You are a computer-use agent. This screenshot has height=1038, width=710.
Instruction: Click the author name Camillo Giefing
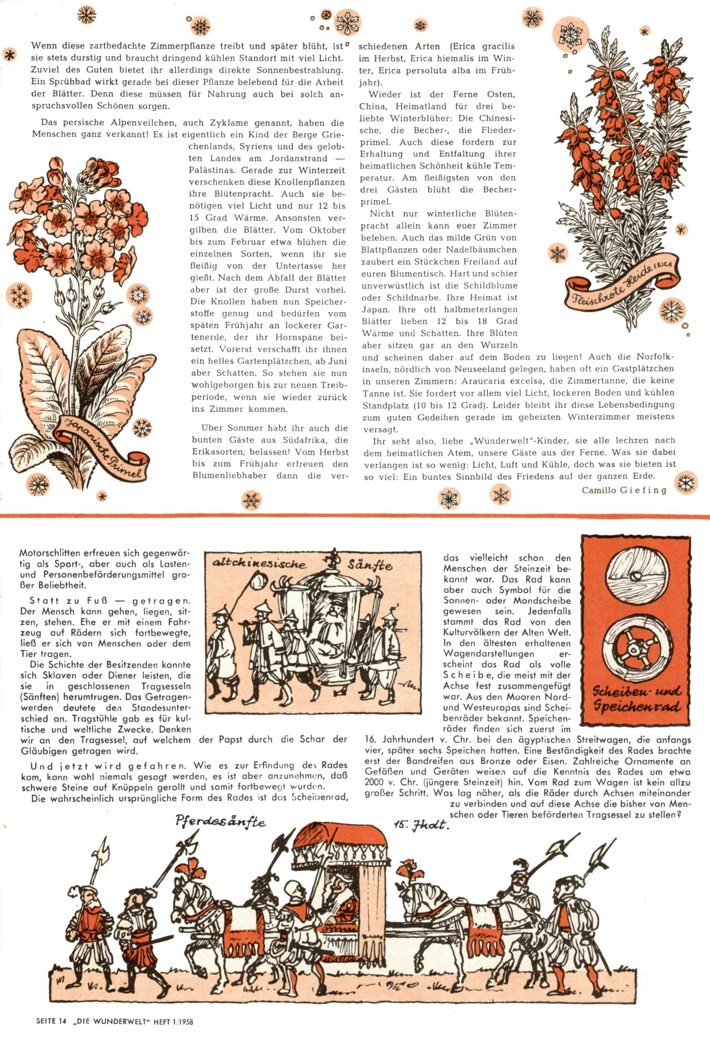(624, 490)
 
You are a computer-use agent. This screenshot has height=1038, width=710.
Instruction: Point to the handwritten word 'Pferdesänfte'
(220, 821)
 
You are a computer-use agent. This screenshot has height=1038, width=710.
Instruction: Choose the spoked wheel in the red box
(637, 648)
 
